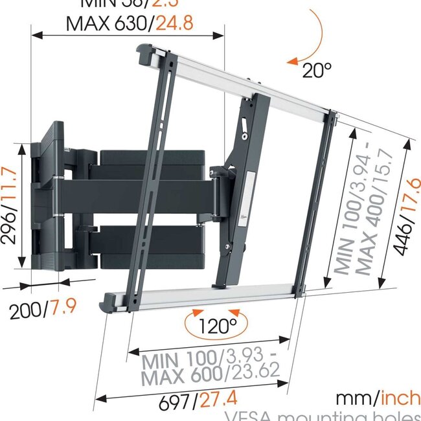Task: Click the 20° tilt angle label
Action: [317, 69]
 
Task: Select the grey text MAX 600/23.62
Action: [210, 372]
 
